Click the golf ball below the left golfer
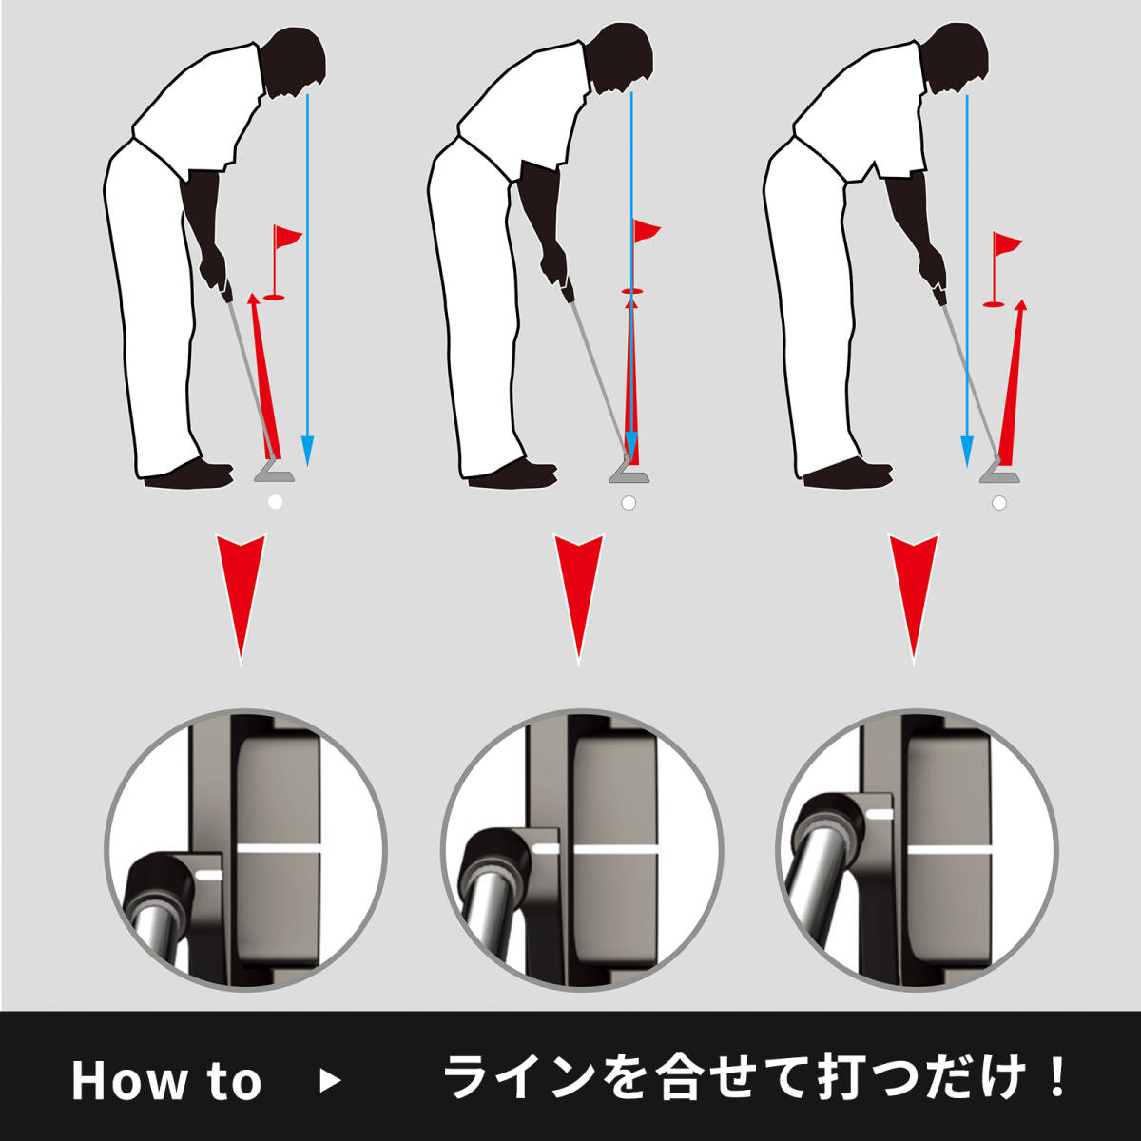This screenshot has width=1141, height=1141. pos(275,502)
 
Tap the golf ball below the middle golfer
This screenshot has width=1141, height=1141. pos(629,503)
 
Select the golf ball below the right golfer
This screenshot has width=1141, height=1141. pos(999,503)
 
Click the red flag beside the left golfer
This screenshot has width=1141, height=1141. pos(286,236)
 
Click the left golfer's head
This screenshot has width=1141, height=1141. pos(296,61)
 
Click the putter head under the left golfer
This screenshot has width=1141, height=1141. pos(275,472)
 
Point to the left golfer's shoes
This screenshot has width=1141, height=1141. pos(188,474)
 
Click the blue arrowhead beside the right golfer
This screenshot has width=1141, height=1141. pos(966,452)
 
